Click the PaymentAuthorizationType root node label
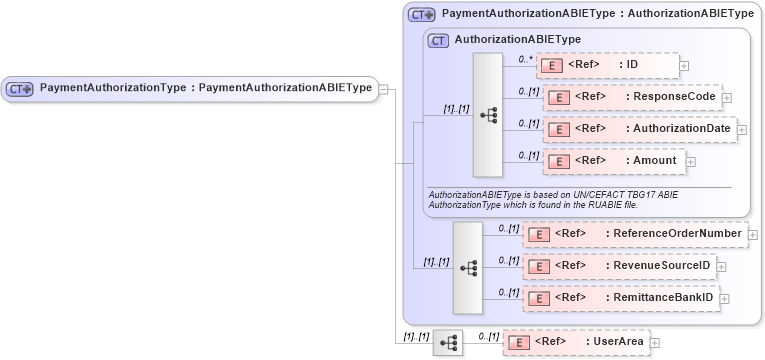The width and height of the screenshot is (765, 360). pos(205,88)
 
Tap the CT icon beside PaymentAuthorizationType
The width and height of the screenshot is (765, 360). pos(20,88)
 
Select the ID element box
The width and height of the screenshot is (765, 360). pos(607,66)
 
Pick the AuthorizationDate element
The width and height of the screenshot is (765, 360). pos(639,129)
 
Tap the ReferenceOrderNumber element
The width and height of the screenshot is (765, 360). pos(634,234)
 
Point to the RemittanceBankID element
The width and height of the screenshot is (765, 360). pos(621,297)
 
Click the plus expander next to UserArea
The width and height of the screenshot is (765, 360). pos(655,342)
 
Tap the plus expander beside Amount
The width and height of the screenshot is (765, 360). pos(690,161)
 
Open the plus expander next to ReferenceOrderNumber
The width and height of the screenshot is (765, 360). pos(752,235)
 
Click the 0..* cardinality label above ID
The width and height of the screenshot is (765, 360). pos(525,59)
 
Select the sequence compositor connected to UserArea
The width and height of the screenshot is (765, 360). pos(448,342)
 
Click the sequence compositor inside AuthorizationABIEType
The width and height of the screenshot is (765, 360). pos(488,115)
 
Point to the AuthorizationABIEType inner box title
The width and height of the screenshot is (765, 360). pos(516,40)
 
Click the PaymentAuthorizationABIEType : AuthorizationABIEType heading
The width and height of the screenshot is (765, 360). pos(597,14)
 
